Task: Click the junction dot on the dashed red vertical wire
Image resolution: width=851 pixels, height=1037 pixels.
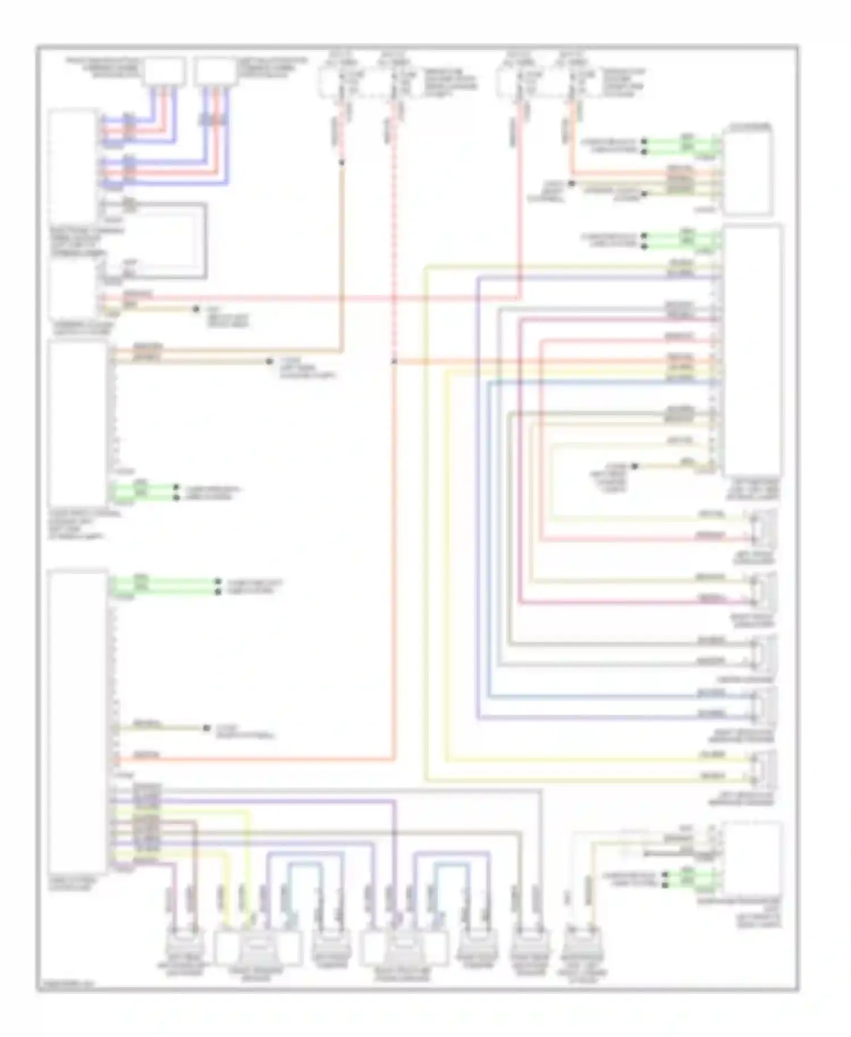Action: click(x=394, y=361)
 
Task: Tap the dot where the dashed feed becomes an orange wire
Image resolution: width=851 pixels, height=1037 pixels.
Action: click(x=342, y=163)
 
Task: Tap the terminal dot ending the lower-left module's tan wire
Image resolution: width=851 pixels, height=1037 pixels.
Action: click(x=207, y=728)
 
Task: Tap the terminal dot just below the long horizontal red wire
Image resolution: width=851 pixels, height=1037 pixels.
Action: click(x=196, y=309)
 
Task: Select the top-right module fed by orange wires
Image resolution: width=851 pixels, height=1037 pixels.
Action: click(x=747, y=171)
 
